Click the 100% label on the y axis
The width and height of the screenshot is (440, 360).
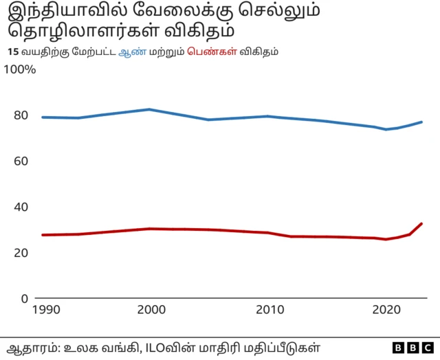click(20, 70)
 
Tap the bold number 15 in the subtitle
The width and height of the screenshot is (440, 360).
click(12, 52)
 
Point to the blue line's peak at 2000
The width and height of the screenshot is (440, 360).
click(150, 109)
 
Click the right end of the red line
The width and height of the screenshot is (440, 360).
click(421, 223)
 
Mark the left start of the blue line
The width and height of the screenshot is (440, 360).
click(43, 117)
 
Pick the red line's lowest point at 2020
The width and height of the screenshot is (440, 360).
click(386, 239)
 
